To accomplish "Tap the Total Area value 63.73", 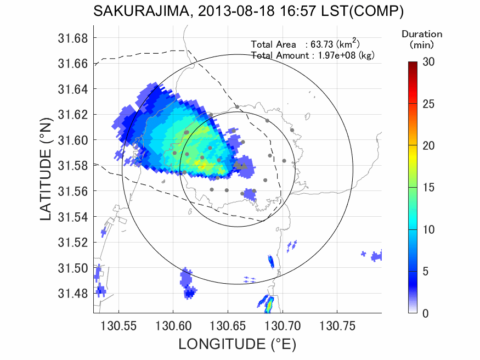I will tap(325, 44).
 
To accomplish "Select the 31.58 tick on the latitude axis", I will tap(73, 166).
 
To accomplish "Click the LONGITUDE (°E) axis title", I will tap(237, 345).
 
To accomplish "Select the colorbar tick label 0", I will tap(426, 313).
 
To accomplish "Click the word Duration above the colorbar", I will tap(422, 34).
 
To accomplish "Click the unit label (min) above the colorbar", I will tap(422, 43).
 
